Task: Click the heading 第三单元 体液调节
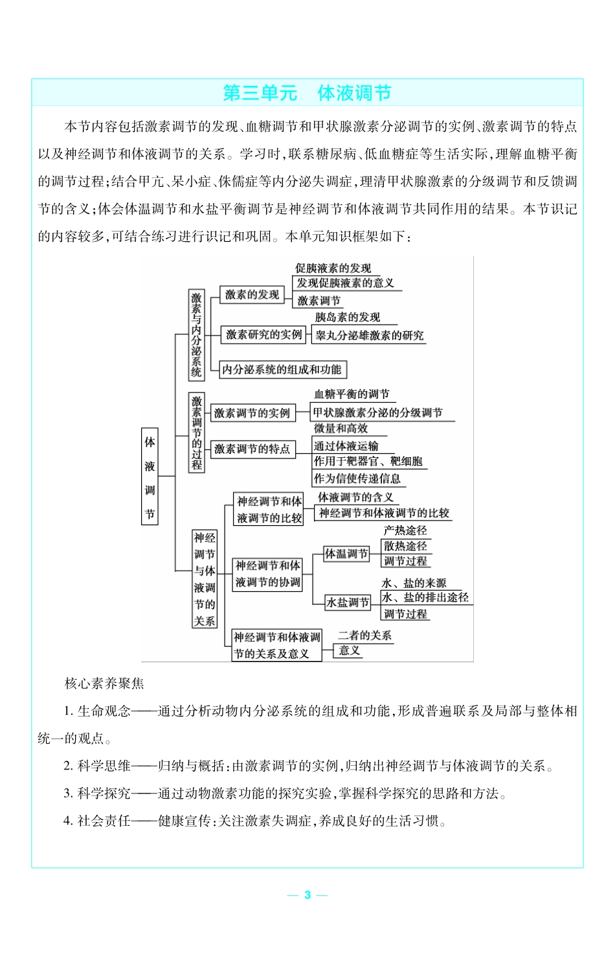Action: [x=307, y=93]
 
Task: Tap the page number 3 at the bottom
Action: [x=307, y=895]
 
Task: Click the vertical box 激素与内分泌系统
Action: [x=196, y=334]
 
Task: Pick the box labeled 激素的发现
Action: [x=252, y=295]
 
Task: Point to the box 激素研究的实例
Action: [x=263, y=335]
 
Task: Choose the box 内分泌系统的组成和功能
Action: [x=282, y=369]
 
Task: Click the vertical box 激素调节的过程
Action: [x=197, y=432]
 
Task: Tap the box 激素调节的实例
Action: [x=252, y=413]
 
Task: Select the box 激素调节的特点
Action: [x=252, y=449]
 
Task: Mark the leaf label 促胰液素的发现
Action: [x=333, y=268]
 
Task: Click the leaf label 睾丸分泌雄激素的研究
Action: [x=369, y=336]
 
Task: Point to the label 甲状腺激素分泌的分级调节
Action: [x=377, y=413]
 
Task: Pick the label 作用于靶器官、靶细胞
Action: [x=368, y=461]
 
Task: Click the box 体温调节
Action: [x=346, y=554]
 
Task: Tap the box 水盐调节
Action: [x=348, y=603]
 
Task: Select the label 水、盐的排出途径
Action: [x=425, y=598]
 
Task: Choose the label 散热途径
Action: [x=405, y=546]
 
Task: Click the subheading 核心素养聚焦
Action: [x=104, y=684]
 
